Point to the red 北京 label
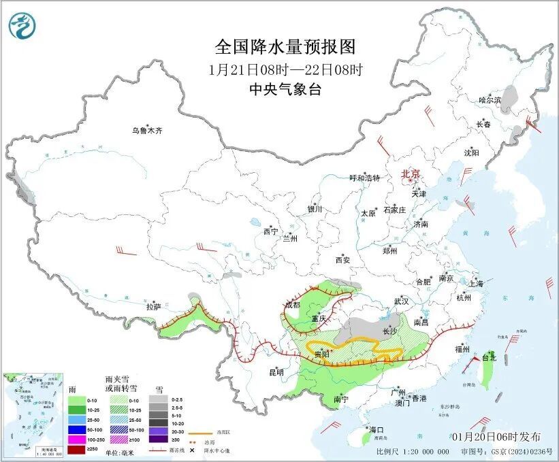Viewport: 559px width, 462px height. pyautogui.click(x=411, y=174)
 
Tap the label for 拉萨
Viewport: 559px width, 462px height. pyautogui.click(x=153, y=307)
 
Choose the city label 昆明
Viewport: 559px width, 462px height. pyautogui.click(x=276, y=372)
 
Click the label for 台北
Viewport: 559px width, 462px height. pyautogui.click(x=490, y=357)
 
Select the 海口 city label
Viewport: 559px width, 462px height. pyautogui.click(x=377, y=430)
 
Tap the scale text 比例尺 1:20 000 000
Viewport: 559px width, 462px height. pyautogui.click(x=413, y=451)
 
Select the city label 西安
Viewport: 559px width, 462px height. pyautogui.click(x=342, y=260)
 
